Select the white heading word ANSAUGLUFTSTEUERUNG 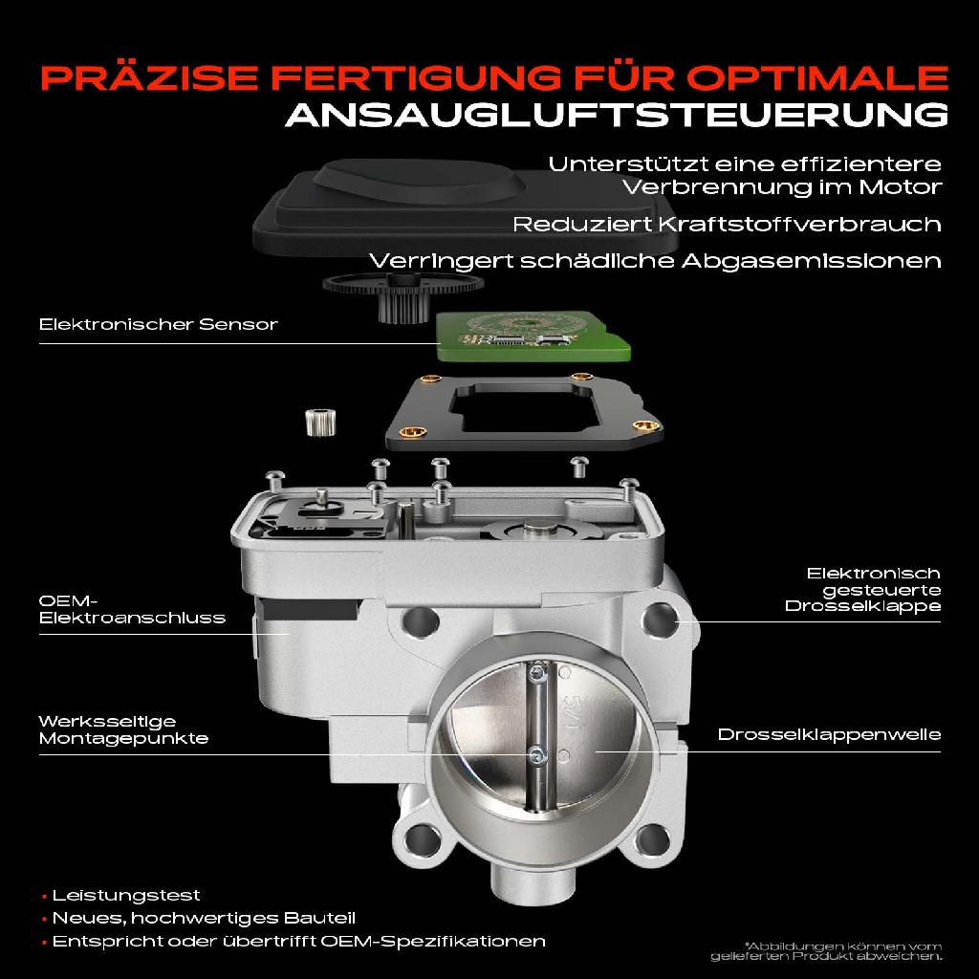click(617, 115)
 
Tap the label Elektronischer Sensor click(158, 324)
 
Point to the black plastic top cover click(411, 215)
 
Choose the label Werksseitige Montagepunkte click(122, 729)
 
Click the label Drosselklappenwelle click(829, 734)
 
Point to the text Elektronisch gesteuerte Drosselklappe click(861, 589)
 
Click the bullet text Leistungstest click(126, 896)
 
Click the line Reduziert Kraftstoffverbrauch click(727, 225)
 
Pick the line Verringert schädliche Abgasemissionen click(655, 261)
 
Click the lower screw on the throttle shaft click(537, 756)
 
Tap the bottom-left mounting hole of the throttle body click(418, 841)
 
